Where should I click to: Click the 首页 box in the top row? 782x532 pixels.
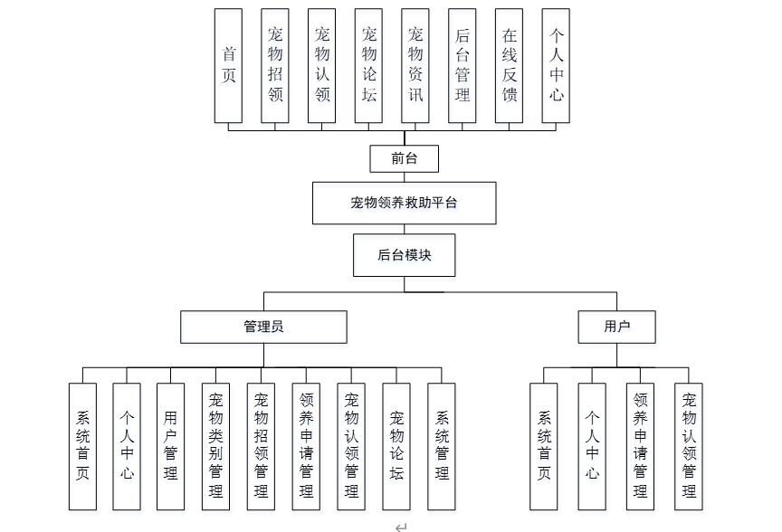coord(229,66)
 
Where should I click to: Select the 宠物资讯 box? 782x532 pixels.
coord(415,66)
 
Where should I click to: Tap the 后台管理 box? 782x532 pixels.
coord(463,66)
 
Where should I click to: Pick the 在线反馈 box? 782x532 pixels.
coord(510,66)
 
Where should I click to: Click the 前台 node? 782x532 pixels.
coord(405,158)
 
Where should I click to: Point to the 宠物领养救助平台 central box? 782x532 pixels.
coord(405,203)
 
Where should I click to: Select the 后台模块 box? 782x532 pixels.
coord(405,256)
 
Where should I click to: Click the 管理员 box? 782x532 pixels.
coord(263,327)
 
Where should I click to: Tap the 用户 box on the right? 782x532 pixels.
coord(617,327)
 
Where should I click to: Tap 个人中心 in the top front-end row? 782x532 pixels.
coord(557,66)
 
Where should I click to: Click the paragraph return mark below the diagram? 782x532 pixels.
coord(401,527)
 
